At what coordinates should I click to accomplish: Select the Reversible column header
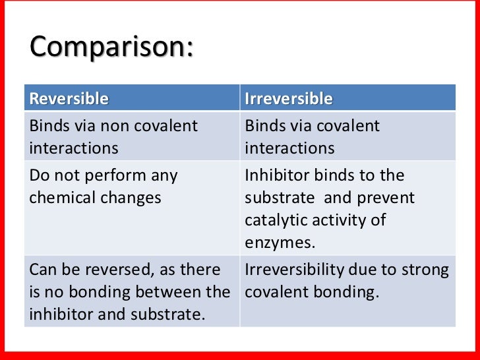69,99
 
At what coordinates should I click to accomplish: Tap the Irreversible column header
289,99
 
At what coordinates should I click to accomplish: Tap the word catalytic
276,220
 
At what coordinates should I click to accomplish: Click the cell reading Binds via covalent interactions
347,136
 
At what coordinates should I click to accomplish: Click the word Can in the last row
42,270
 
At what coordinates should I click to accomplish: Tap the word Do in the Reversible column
39,177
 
